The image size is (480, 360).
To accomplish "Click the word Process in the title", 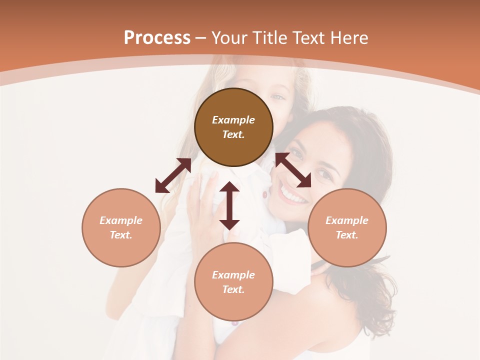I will tap(157, 38).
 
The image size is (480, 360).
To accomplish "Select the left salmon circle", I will tap(121, 227).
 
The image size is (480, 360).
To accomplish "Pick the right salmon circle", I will tap(347, 227).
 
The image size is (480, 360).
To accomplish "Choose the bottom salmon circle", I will tap(233, 281).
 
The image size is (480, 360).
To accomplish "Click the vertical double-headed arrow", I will tap(229, 205).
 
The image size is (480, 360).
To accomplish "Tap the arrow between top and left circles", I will tap(173, 175).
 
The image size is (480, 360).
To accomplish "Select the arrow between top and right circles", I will tap(293, 170).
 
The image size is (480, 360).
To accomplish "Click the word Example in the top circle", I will tap(233, 120).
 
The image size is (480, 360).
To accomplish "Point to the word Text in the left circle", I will tap(121, 235).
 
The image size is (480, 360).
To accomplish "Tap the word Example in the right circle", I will tap(347, 220).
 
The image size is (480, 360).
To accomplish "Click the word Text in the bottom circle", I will tap(233, 289).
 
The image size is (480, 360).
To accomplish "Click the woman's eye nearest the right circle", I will tap(323, 174).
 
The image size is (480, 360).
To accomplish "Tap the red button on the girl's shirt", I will tap(264, 193).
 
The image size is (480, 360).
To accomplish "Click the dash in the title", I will tap(201, 38).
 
